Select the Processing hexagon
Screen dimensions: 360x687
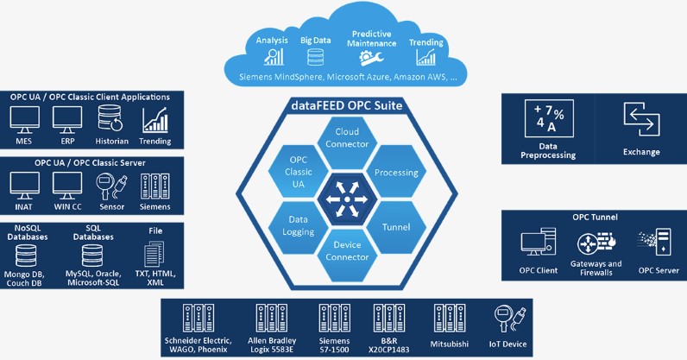tap(396, 171)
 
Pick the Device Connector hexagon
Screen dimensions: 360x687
tap(343, 253)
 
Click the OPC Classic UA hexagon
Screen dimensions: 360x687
tap(292, 171)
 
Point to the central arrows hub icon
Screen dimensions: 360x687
tap(343, 198)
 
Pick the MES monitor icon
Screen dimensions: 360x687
tap(23, 119)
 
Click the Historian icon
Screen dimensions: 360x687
tap(110, 119)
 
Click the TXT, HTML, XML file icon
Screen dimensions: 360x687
tap(155, 254)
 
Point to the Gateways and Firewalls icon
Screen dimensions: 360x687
tap(596, 244)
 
